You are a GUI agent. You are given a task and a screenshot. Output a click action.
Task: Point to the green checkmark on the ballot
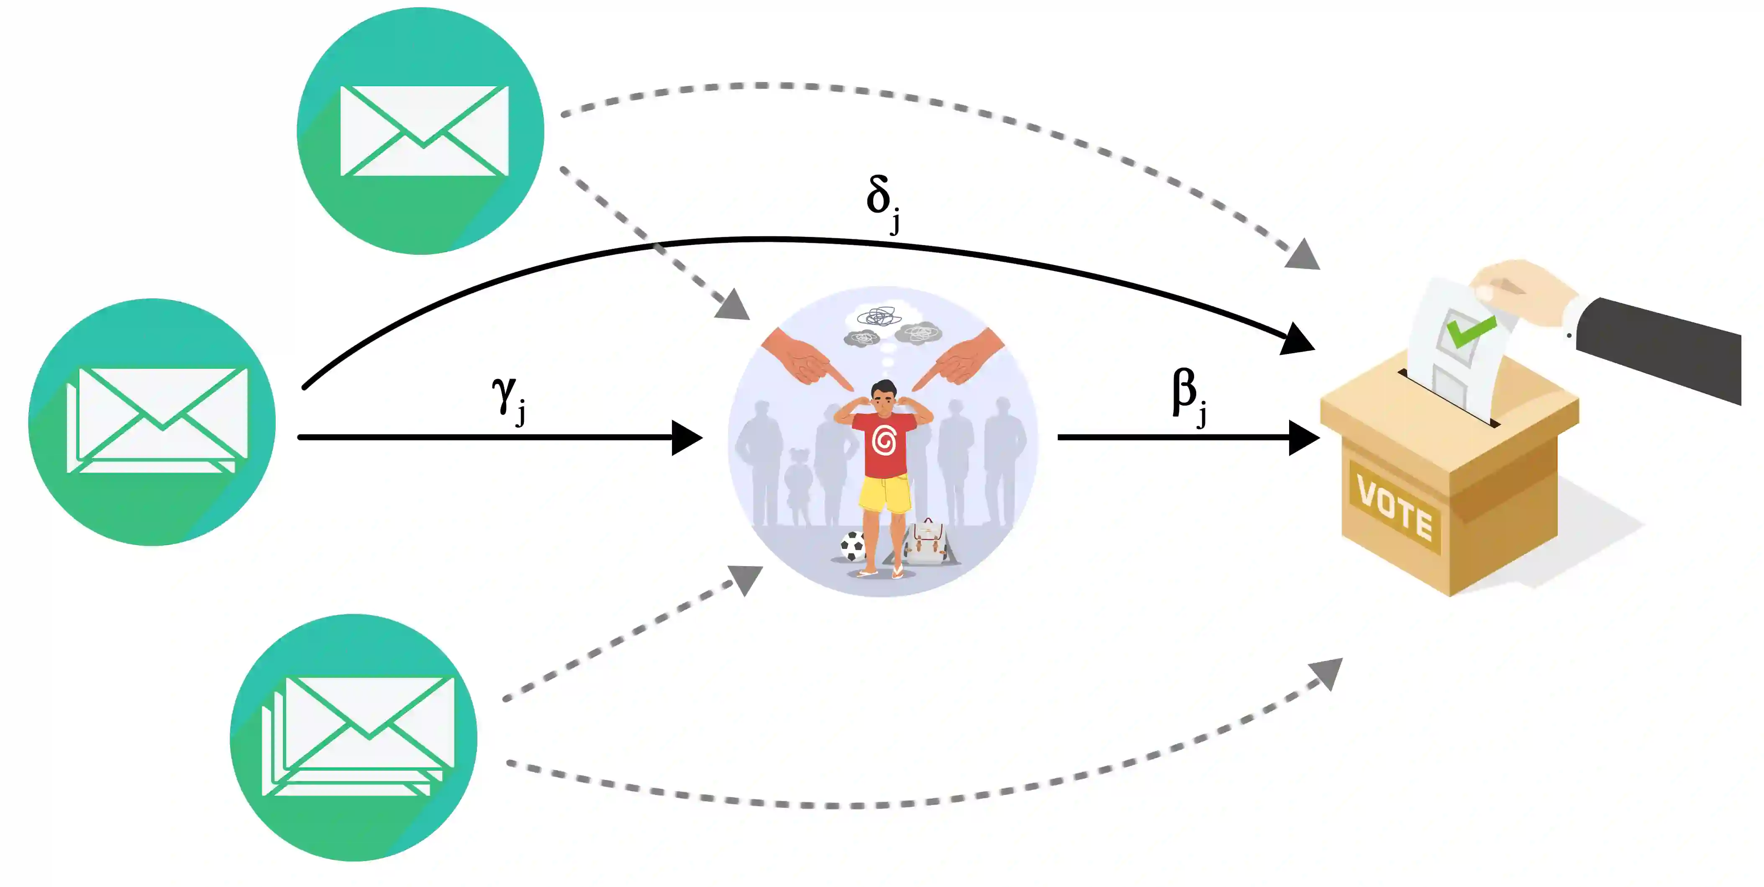click(1469, 330)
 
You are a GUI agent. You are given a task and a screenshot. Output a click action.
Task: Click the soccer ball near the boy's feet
click(853, 546)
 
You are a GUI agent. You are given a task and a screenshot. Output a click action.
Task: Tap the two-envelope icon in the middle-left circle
click(157, 419)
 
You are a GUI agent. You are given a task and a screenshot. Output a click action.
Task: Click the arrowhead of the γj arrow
click(686, 437)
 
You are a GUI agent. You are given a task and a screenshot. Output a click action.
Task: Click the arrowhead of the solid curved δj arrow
click(1296, 339)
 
